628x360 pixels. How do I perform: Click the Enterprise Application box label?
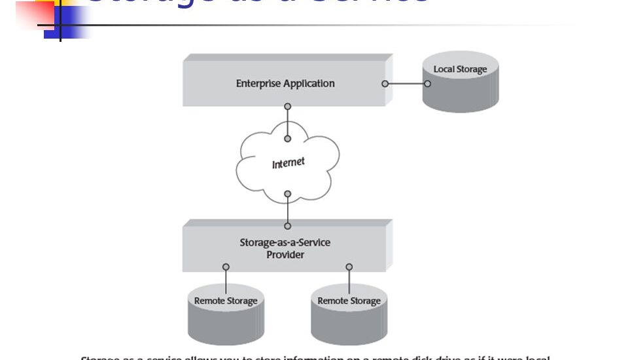285,84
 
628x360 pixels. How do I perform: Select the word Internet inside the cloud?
288,162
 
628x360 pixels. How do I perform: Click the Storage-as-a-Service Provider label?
285,248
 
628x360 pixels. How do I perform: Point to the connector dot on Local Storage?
427,84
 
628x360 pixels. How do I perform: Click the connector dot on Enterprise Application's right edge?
385,84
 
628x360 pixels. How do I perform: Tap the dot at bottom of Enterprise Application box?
287,106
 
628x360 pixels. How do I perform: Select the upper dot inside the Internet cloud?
287,138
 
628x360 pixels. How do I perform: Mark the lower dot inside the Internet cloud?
287,194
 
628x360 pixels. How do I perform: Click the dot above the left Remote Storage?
226,267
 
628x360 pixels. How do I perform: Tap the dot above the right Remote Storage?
349,267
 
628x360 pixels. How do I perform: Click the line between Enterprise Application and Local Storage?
406,84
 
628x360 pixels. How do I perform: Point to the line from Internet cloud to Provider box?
287,208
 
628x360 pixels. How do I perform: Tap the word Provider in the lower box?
285,255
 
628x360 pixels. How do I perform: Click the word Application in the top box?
309,84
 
